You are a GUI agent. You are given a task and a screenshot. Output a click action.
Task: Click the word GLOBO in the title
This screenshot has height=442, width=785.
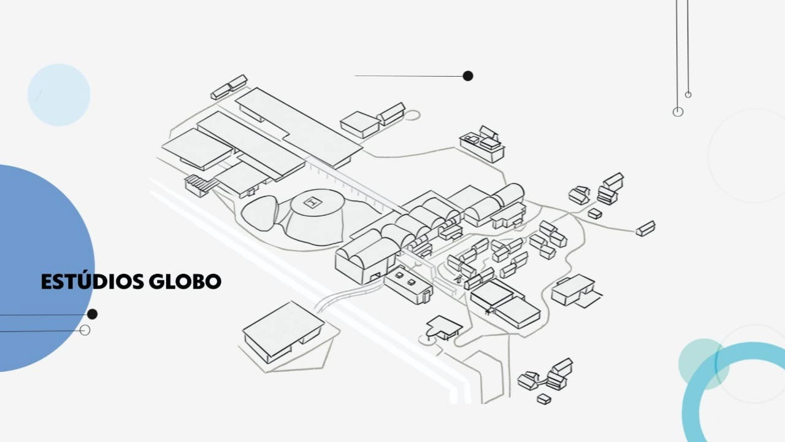pyautogui.click(x=185, y=281)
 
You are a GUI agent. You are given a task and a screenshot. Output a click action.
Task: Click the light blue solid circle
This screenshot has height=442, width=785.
pyautogui.click(x=59, y=95)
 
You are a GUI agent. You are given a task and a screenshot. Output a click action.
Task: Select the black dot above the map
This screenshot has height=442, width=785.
pyautogui.click(x=468, y=76)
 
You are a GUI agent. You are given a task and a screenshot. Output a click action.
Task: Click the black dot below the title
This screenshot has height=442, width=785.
pyautogui.click(x=92, y=314)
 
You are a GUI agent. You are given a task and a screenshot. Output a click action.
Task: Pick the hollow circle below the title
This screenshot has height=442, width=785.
pyautogui.click(x=85, y=330)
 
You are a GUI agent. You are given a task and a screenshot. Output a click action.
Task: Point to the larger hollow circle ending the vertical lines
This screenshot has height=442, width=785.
pyautogui.click(x=678, y=112)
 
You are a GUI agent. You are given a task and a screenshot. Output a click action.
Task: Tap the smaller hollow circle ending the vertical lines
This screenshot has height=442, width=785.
pyautogui.click(x=688, y=95)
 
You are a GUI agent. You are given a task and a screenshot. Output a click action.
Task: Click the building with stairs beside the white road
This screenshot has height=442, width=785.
pyautogui.click(x=198, y=185)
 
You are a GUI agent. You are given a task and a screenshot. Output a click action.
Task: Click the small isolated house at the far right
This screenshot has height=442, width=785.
pyautogui.click(x=646, y=228)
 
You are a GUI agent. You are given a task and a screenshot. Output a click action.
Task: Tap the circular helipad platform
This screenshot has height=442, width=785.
pyautogui.click(x=315, y=217)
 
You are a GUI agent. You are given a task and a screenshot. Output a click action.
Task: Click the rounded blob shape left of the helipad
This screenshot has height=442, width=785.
pyautogui.click(x=260, y=213)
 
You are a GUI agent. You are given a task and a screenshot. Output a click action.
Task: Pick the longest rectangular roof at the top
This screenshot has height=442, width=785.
pyautogui.click(x=299, y=127)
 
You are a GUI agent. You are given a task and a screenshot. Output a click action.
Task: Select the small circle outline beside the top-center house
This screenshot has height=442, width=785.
pyautogui.click(x=413, y=115)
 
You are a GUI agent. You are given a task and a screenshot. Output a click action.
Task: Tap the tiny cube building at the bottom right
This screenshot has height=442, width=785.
pyautogui.click(x=544, y=399)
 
